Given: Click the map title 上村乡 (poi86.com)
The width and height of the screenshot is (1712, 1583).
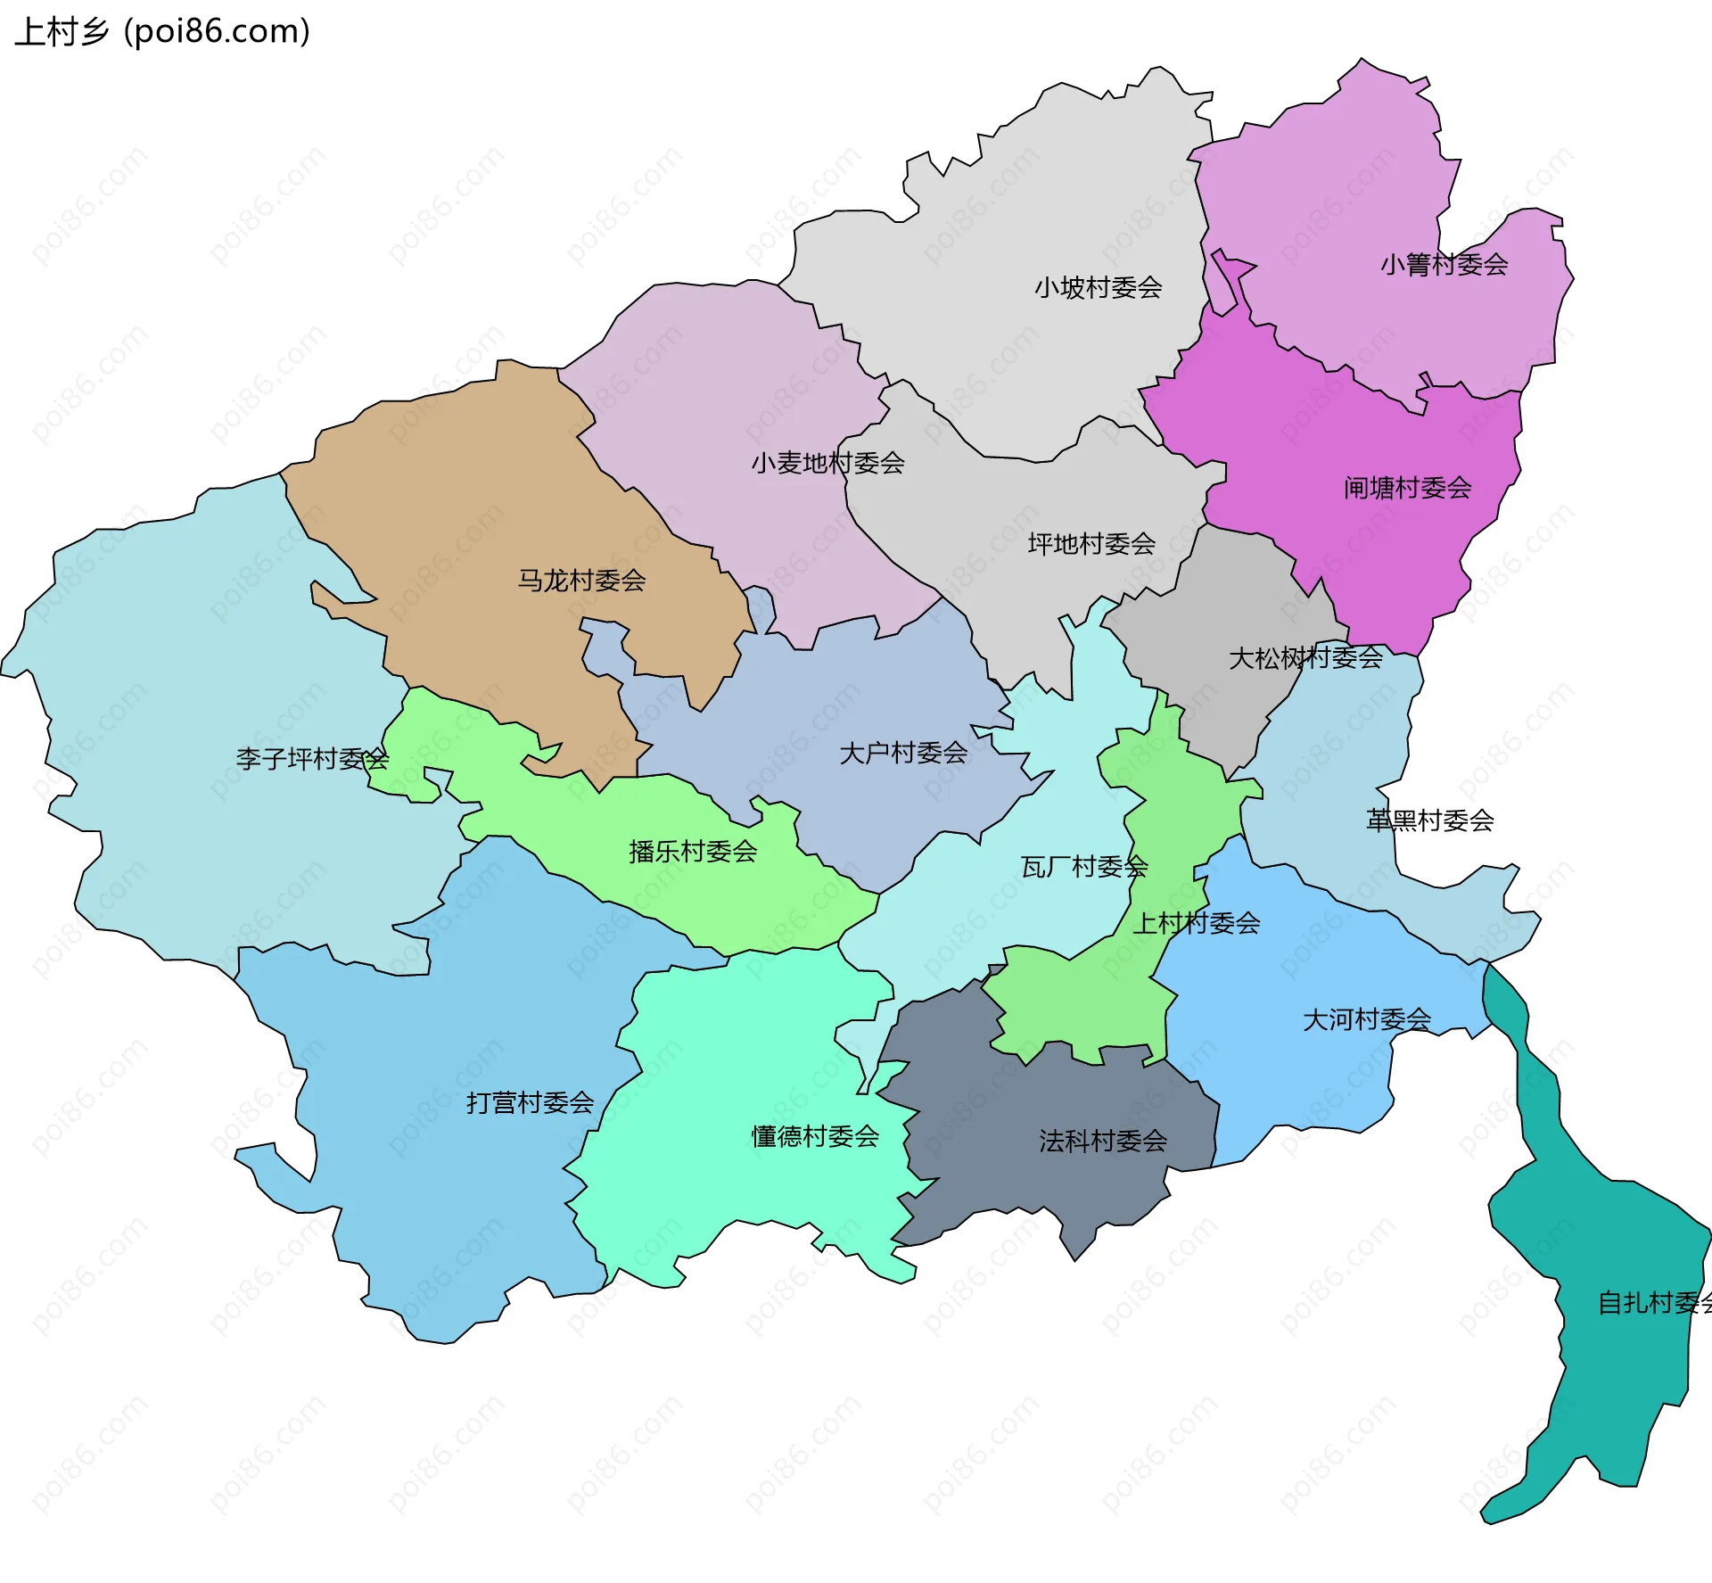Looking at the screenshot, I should tap(162, 32).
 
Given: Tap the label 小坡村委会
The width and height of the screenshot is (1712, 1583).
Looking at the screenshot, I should tap(1098, 287).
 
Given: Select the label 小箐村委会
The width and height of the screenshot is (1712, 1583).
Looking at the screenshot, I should tap(1444, 264).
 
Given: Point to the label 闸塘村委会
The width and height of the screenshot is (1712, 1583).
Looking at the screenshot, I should tap(1407, 488).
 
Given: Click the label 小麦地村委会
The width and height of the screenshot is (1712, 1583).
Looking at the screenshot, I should tap(827, 463).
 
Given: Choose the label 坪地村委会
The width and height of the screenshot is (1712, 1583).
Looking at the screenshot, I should tap(1091, 544).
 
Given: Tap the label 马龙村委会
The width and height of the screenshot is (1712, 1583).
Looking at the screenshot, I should tap(581, 581).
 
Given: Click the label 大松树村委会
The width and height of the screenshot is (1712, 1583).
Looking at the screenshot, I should tap(1305, 658).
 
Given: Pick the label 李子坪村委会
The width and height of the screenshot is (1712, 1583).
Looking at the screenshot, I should tap(312, 759).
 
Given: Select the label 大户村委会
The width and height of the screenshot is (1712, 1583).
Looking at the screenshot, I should tap(902, 753).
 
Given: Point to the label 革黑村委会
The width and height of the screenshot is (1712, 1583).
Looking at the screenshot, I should tap(1429, 820).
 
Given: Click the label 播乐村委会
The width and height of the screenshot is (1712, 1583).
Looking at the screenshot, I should tap(692, 852).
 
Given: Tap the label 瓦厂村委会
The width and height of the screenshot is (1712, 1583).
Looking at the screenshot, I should tap(1083, 867).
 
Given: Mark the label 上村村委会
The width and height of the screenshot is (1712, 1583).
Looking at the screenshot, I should tap(1196, 923).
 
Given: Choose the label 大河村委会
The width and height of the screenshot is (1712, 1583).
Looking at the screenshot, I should tap(1366, 1019).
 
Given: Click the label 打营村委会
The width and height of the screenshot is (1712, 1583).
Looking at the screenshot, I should tap(530, 1103).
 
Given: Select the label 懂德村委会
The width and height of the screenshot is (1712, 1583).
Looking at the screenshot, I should tap(815, 1136).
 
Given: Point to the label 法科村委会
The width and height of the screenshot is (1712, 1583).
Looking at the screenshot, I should tap(1102, 1141).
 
